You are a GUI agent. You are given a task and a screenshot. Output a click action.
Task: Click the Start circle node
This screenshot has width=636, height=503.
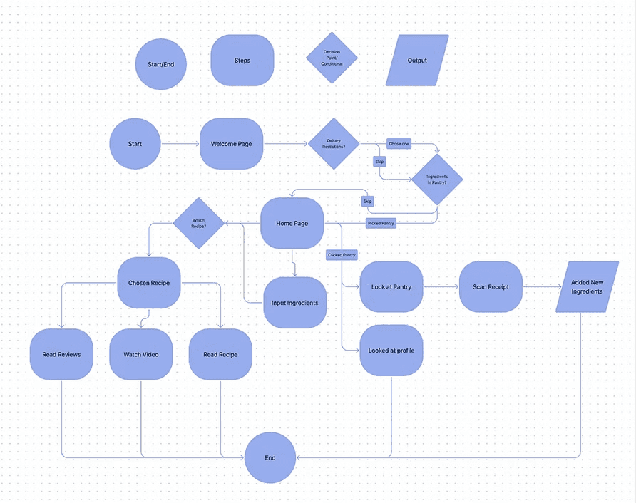pyautogui.click(x=135, y=144)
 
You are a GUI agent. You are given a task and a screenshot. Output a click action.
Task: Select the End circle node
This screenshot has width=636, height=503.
pyautogui.click(x=270, y=457)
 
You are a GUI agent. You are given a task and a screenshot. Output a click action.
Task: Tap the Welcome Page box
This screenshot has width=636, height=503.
pyautogui.click(x=232, y=144)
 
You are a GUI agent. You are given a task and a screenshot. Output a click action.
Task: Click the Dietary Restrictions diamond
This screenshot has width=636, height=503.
pyautogui.click(x=333, y=144)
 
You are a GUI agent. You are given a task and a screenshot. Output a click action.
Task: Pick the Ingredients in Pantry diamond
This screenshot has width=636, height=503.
pyautogui.click(x=436, y=180)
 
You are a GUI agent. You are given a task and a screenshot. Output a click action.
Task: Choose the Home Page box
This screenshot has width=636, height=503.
pyautogui.click(x=292, y=223)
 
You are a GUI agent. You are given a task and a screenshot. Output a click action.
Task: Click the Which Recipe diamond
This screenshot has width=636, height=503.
pyautogui.click(x=198, y=223)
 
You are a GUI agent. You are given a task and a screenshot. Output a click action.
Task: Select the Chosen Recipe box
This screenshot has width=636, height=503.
pyautogui.click(x=149, y=283)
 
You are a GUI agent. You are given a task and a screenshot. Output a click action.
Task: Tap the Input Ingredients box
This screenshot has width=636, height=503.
pyautogui.click(x=295, y=303)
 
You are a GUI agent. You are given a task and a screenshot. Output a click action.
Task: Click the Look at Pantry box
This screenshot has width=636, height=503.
pyautogui.click(x=391, y=287)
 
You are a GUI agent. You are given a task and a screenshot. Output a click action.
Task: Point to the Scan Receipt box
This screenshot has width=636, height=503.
pyautogui.click(x=491, y=287)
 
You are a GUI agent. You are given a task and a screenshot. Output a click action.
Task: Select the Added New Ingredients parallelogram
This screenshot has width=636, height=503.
pyautogui.click(x=587, y=287)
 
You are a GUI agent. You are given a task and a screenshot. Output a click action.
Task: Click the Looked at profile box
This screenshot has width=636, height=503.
pyautogui.click(x=391, y=350)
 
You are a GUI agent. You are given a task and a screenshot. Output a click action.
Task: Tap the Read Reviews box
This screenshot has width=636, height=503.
pyautogui.click(x=61, y=354)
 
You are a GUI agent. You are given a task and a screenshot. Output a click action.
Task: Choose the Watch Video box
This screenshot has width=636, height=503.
pyautogui.click(x=141, y=354)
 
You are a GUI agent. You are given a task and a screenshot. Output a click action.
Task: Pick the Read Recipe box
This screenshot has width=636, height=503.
pyautogui.click(x=220, y=354)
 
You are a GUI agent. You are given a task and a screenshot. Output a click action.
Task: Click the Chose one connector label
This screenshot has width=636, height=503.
pyautogui.click(x=399, y=144)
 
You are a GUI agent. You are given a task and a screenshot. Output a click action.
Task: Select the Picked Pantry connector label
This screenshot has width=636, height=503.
pyautogui.click(x=381, y=223)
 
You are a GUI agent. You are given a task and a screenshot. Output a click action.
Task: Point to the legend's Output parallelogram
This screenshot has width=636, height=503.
pyautogui.click(x=417, y=61)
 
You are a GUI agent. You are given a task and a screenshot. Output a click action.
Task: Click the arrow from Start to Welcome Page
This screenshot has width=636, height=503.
pyautogui.click(x=180, y=144)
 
